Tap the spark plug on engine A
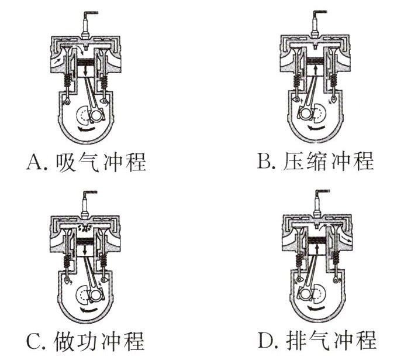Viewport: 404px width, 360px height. point(86,26)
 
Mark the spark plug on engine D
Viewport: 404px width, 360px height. point(317,205)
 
